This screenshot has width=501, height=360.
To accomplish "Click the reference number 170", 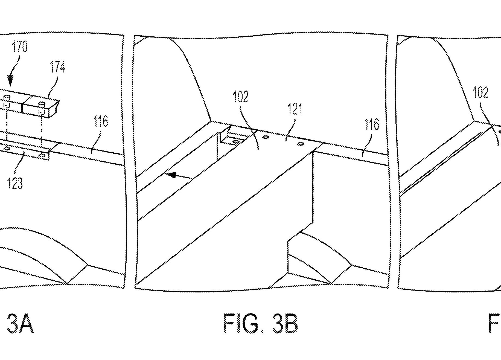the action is tap(20, 47).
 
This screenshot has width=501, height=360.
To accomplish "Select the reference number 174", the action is tap(57, 67).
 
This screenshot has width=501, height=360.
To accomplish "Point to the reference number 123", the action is tap(15, 183).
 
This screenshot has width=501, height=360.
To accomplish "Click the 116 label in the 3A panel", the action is tap(101, 121).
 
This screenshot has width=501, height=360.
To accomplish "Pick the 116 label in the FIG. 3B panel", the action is tap(372, 124).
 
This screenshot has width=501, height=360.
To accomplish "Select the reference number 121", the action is tap(295, 109).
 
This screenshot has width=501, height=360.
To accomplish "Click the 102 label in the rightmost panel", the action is tap(480, 93).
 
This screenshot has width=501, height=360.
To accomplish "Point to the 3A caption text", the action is tap(20, 324).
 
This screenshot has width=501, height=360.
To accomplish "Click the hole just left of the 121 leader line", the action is tap(264, 137).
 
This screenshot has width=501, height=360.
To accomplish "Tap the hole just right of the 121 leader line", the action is tap(301, 144).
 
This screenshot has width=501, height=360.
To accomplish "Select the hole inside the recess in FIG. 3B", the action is tap(235, 142).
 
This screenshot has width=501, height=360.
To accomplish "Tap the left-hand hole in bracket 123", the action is tap(7, 148).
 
